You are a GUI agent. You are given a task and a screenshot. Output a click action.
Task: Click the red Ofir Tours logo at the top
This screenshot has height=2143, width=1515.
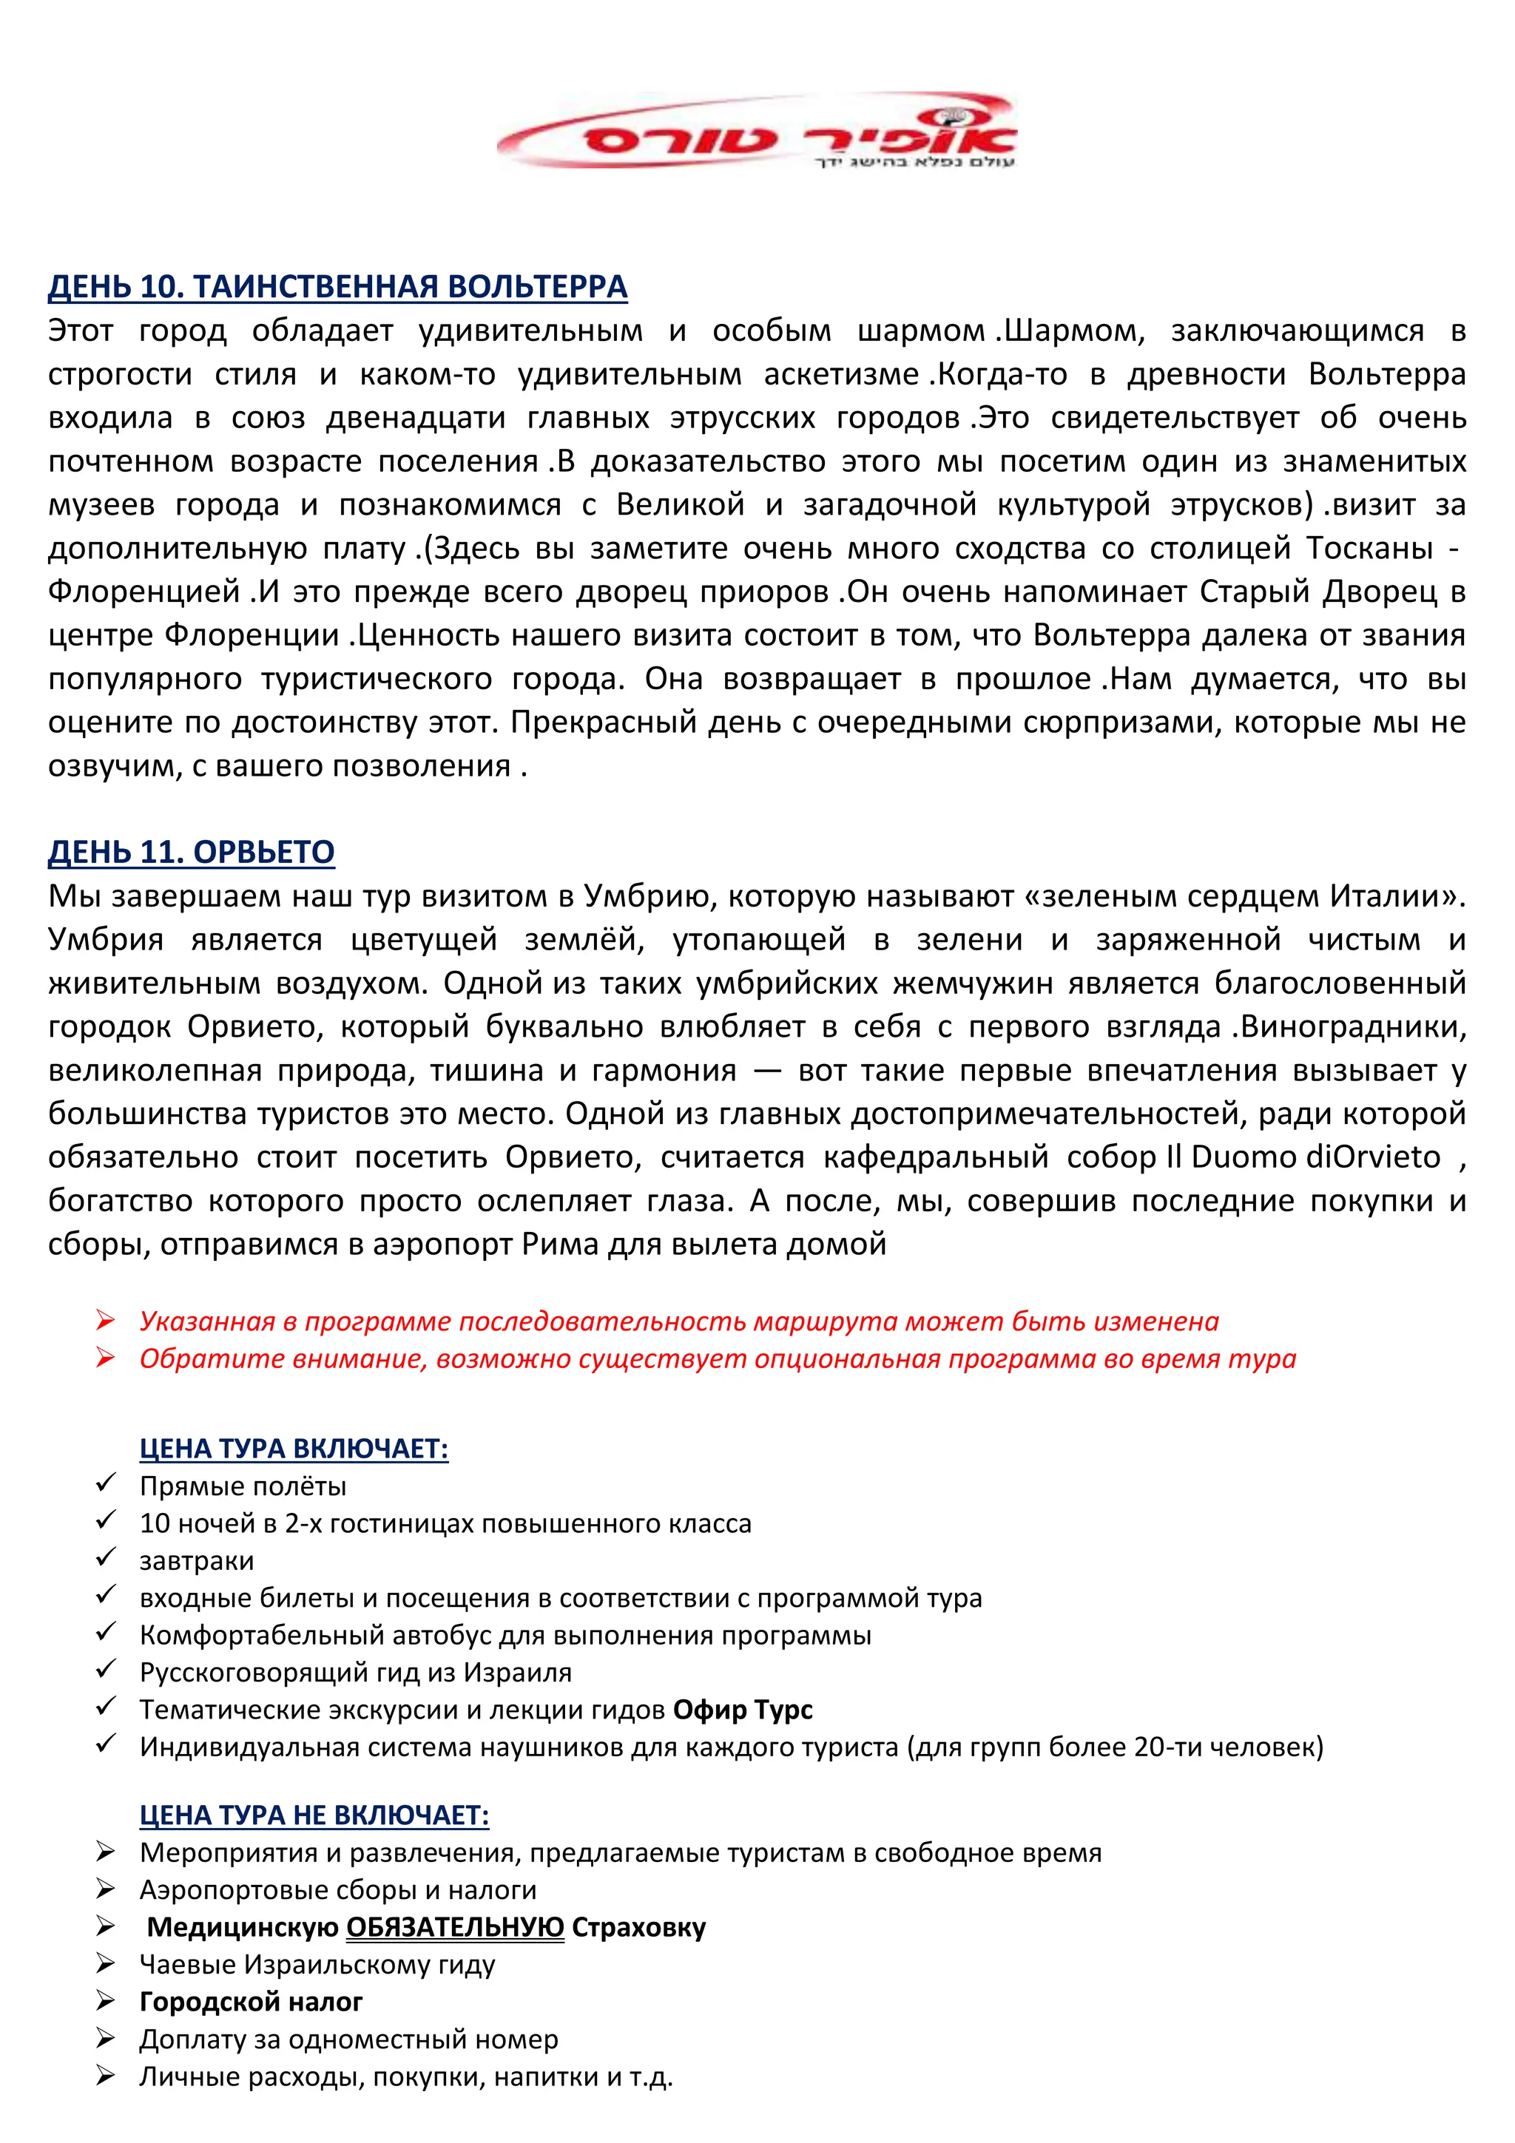(x=756, y=132)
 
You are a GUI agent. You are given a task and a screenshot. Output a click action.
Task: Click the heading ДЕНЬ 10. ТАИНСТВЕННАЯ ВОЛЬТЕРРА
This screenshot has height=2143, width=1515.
(x=337, y=286)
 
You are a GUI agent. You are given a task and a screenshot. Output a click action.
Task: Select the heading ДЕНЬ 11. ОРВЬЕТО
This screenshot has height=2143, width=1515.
(x=192, y=852)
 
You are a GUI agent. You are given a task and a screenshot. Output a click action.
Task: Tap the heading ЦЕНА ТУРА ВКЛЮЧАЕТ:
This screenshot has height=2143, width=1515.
(x=294, y=1449)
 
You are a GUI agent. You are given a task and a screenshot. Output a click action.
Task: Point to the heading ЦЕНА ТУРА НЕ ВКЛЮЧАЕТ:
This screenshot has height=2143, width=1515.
(x=314, y=1815)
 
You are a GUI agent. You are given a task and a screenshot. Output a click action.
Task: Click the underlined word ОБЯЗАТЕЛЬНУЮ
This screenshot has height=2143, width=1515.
(x=455, y=1927)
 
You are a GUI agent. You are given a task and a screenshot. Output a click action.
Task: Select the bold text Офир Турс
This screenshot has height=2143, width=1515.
(x=742, y=1710)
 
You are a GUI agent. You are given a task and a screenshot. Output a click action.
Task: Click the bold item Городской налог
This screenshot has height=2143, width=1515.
(x=251, y=2002)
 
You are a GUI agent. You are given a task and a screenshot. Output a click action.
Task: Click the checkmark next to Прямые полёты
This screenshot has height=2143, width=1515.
(x=106, y=1483)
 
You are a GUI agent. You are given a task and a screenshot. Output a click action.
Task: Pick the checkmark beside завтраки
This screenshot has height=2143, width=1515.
(x=106, y=1558)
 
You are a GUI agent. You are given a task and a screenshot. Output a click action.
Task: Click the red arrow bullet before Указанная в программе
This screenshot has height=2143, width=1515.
(x=106, y=1321)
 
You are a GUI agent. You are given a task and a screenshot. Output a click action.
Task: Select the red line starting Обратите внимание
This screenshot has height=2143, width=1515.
(x=717, y=1359)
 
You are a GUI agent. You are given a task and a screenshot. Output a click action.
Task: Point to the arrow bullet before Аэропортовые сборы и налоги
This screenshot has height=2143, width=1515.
(x=106, y=1890)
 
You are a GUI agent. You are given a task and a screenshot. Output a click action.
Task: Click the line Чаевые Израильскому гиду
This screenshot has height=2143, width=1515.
(x=317, y=1965)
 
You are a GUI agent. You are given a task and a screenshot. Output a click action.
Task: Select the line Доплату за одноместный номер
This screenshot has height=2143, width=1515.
(x=348, y=2039)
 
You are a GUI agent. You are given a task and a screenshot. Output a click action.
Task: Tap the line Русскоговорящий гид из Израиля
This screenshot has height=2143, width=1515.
(x=355, y=1673)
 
